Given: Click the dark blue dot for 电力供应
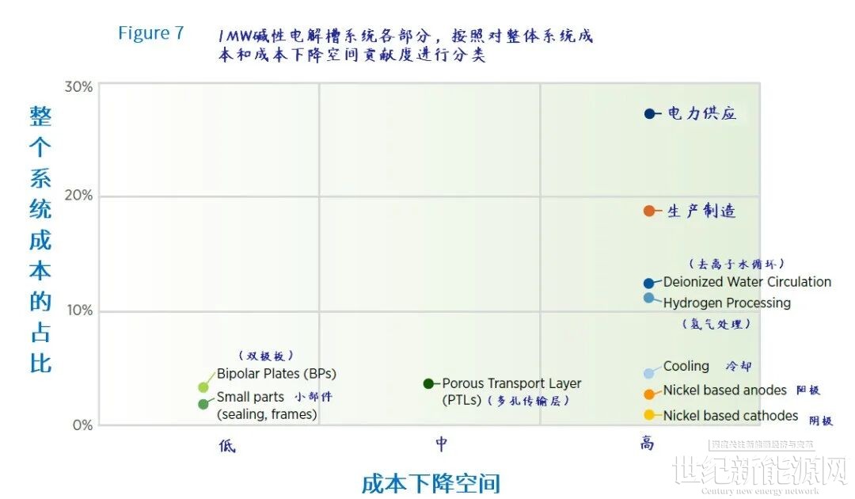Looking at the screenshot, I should point(650,114).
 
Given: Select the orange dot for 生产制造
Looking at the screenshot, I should point(649,211).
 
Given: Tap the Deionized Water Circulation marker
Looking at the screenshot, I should point(649,283).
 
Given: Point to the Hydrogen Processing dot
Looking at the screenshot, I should point(649,298).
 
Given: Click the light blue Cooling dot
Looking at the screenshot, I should point(649,373).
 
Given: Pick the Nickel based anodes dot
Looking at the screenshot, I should point(649,394).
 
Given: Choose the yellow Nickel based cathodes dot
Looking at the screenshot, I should point(649,415).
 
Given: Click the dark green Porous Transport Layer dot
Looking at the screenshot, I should point(428,383).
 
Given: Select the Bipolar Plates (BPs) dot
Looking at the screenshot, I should point(203,387).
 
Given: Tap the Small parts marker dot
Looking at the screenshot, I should point(203,404).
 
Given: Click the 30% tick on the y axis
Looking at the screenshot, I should point(78,86).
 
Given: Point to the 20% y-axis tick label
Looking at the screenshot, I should point(78,196).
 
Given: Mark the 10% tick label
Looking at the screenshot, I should point(78,310).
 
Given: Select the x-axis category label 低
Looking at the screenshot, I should point(226,445).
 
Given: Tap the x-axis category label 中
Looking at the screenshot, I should point(441,444).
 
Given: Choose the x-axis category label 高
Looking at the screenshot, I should point(648,444).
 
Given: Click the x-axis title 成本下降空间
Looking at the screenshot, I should point(431,483).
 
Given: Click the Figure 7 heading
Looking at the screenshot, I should point(150,33).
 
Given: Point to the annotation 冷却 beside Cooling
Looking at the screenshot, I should point(739,367).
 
